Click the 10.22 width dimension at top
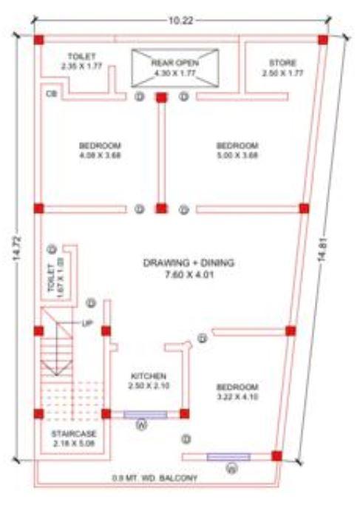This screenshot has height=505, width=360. point(179,21)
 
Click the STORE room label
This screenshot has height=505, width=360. point(282,68)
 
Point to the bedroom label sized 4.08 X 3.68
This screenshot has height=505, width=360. point(100,150)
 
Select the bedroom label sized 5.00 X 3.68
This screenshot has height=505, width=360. point(237,150)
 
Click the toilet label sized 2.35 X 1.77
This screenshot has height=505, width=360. point(81,62)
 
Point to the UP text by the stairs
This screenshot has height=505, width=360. point(87,324)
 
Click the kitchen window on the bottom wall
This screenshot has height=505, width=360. point(145,414)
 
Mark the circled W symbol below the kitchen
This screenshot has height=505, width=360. point(142,426)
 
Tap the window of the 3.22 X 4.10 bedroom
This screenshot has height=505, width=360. point(228,456)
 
